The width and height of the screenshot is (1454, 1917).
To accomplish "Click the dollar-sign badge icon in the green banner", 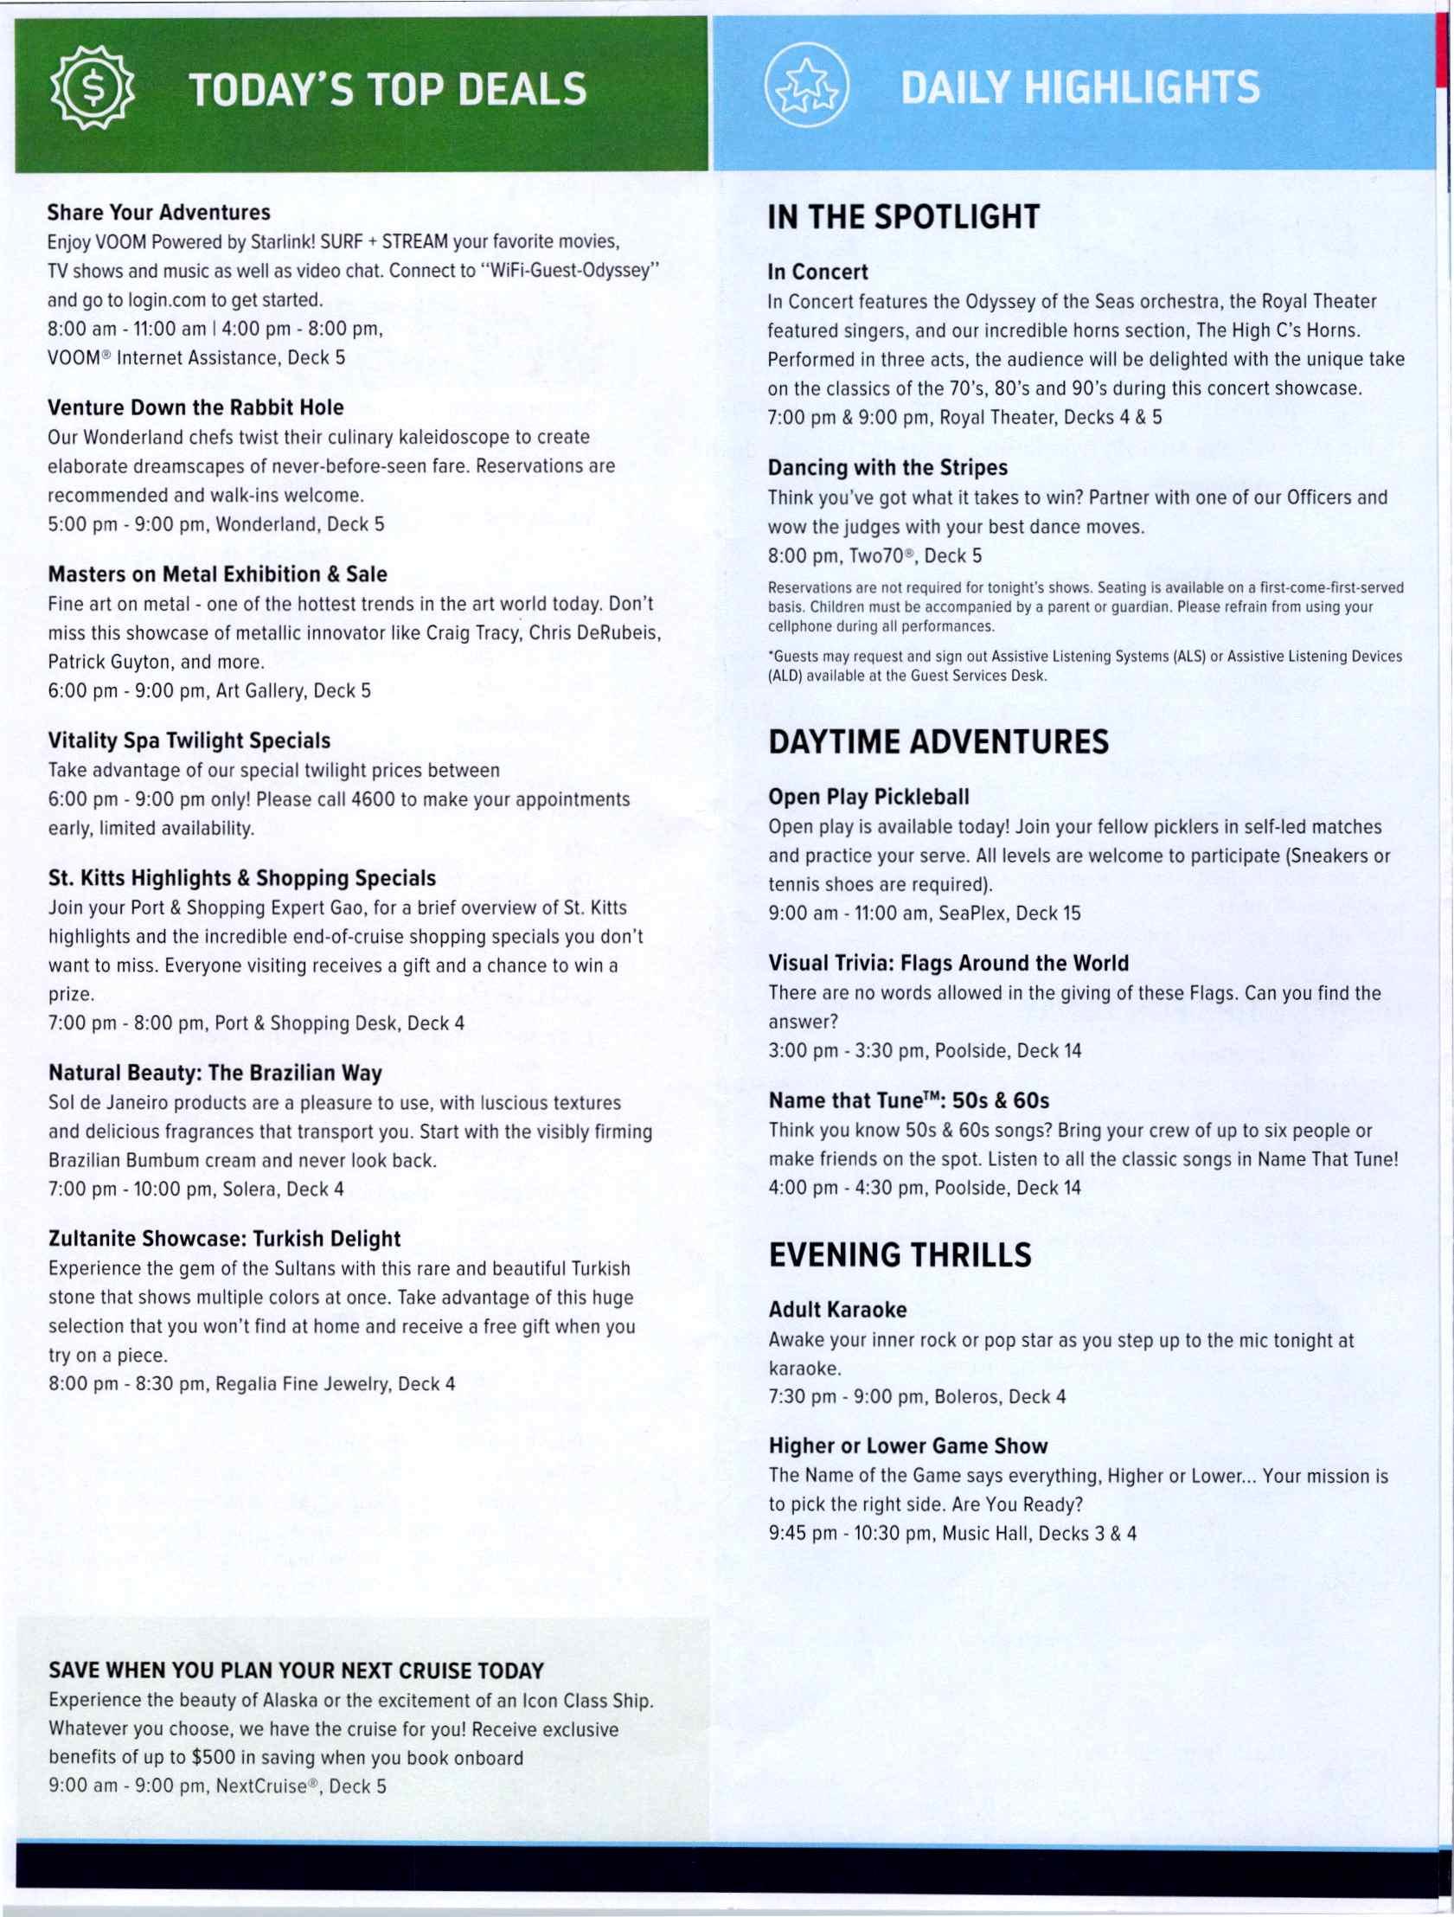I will (91, 87).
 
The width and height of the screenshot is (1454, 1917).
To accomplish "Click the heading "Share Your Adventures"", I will (158, 212).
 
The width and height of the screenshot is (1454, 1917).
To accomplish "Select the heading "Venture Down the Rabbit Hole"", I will (195, 407).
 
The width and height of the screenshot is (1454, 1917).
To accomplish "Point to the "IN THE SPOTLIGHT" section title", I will (903, 216).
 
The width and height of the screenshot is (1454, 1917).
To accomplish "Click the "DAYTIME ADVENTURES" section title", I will (938, 742).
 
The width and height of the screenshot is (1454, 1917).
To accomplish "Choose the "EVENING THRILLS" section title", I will (900, 1255).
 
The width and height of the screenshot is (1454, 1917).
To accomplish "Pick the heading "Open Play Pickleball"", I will (868, 797).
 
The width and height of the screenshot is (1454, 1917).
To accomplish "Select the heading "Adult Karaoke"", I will (837, 1310).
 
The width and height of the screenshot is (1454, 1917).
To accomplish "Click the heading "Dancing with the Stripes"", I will (887, 468).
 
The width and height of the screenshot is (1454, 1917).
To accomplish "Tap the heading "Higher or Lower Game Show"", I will (908, 1446).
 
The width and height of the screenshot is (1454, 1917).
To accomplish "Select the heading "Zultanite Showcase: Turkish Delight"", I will (224, 1239).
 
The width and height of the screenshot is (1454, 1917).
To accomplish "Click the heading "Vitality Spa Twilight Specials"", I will (189, 741).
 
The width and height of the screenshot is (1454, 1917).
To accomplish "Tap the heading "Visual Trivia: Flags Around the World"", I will (948, 963).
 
